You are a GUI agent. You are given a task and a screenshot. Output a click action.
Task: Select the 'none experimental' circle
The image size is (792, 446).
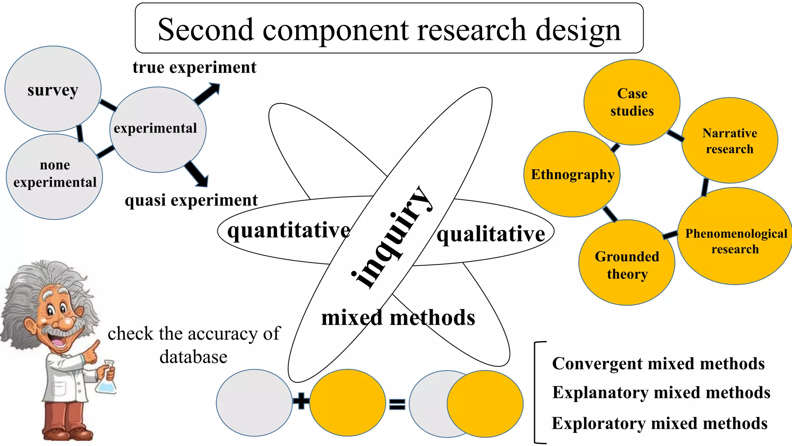pos(55,176)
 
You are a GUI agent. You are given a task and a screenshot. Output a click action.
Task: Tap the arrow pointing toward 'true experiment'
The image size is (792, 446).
pos(207,94)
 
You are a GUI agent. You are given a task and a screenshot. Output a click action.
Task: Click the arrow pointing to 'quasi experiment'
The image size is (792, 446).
pos(197,174)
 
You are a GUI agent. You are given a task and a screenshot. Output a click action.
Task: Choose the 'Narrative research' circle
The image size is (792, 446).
pos(729,141)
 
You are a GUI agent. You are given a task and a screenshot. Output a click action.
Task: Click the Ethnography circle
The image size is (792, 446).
pos(572,175)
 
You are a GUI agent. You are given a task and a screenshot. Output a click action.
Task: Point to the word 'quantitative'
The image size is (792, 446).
pos(288,230)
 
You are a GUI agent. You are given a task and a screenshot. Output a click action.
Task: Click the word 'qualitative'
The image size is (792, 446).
pos(490,234)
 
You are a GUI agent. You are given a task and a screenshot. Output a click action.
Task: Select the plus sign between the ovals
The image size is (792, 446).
pos(301,401)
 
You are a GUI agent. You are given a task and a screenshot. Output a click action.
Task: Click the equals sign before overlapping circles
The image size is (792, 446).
pos(397,404)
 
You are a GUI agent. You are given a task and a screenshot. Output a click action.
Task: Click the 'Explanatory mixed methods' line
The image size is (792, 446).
pos(661,393)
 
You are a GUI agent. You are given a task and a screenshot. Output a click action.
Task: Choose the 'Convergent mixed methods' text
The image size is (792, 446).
pos(658,364)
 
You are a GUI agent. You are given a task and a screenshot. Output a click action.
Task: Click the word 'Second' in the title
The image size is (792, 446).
pos(205,30)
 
